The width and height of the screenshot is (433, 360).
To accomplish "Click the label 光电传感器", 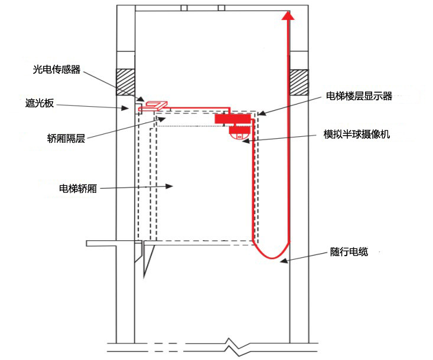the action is click(x=57, y=70).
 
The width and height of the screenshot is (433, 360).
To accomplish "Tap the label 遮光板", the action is click(x=40, y=103).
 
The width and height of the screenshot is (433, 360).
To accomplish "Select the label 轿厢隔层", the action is click(x=66, y=138).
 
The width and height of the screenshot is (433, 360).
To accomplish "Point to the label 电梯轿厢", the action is click(x=78, y=189).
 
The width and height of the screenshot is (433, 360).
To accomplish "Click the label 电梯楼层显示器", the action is click(x=359, y=96).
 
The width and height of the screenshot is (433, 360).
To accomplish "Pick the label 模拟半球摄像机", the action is click(x=357, y=135).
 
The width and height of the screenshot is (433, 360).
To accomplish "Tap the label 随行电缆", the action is click(x=349, y=252).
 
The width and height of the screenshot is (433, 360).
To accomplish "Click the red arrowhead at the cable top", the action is click(x=288, y=15).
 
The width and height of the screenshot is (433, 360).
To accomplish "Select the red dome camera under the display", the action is click(x=239, y=133).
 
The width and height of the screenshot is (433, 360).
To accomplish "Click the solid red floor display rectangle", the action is click(x=233, y=119).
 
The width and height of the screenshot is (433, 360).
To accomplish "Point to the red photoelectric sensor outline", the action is click(x=153, y=107).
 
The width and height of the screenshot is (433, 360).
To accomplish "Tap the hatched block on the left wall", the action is click(x=125, y=82).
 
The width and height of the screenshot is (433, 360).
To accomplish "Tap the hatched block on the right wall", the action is click(x=299, y=83).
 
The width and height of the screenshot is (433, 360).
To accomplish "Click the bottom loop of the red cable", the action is click(x=272, y=257).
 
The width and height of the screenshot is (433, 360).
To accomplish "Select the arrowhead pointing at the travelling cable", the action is click(x=284, y=260).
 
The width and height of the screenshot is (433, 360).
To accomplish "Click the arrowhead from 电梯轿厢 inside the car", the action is click(x=169, y=186).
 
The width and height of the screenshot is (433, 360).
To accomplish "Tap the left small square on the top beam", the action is click(x=184, y=8).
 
